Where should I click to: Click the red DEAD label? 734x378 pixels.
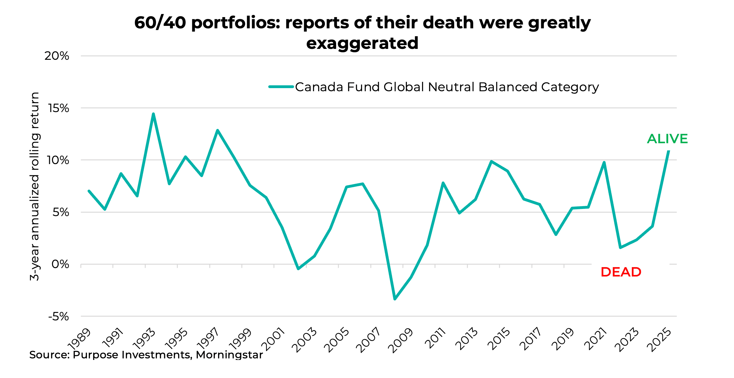click(621, 272)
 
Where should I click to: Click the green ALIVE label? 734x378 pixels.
click(667, 139)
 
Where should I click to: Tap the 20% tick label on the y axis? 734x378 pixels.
click(57, 56)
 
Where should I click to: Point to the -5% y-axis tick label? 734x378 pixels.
click(59, 317)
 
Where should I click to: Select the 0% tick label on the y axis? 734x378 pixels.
click(60, 264)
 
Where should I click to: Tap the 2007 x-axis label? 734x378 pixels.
click(369, 340)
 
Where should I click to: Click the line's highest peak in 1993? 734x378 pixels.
click(153, 114)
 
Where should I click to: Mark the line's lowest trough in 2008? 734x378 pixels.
click(395, 299)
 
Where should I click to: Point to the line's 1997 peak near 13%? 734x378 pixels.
click(217, 130)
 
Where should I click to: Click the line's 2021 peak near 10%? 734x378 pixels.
click(604, 162)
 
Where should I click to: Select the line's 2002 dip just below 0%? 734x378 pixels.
click(298, 269)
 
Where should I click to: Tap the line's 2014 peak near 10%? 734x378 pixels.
click(491, 161)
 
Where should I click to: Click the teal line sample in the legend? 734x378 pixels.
click(281, 87)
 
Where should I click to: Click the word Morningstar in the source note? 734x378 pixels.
click(229, 355)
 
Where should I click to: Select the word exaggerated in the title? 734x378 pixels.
click(362, 43)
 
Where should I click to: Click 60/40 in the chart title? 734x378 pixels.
click(160, 23)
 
